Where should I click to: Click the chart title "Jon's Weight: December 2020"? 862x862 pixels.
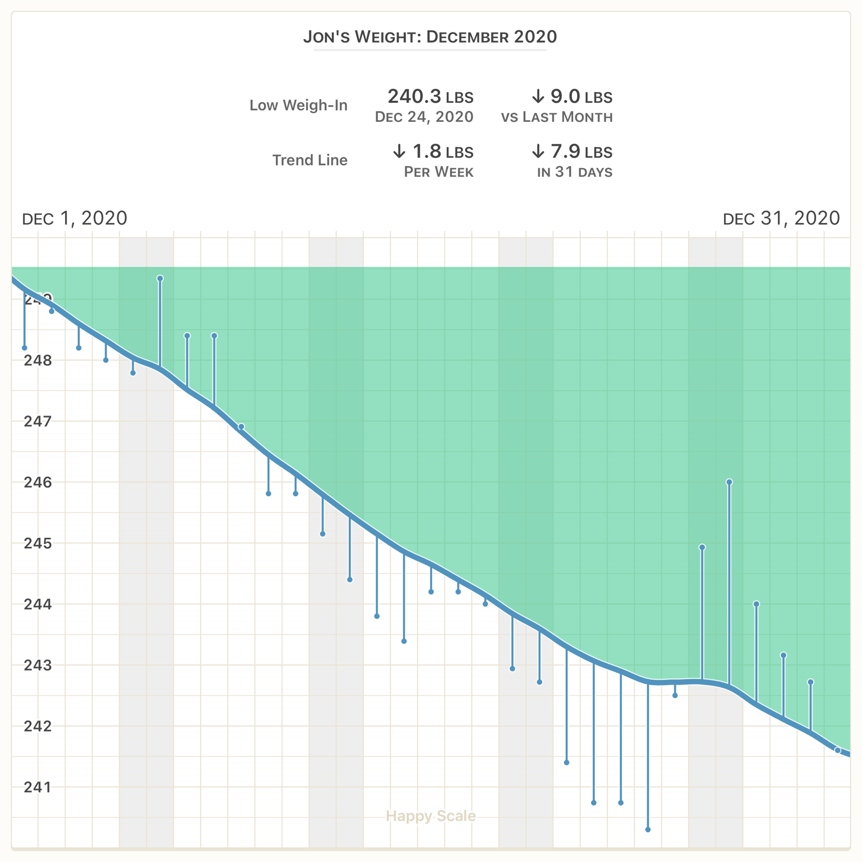click(x=430, y=37)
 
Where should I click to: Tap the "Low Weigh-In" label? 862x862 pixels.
click(x=298, y=105)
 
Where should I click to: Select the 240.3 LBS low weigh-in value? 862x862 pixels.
click(x=430, y=97)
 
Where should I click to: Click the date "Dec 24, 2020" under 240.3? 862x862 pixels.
click(x=424, y=117)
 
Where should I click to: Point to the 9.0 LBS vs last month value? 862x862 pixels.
click(x=572, y=97)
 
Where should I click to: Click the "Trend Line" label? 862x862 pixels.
click(x=310, y=160)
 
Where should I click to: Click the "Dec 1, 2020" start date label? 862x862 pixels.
click(x=75, y=218)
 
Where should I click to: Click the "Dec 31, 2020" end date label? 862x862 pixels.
click(x=781, y=218)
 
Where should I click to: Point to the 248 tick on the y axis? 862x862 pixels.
click(x=38, y=360)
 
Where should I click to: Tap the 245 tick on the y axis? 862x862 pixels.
click(x=38, y=543)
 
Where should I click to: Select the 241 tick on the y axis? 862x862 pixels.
click(x=38, y=787)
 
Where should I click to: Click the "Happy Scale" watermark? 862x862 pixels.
click(x=431, y=816)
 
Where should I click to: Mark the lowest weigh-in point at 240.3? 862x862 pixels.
click(x=648, y=830)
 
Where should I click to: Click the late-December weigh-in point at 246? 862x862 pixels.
click(x=729, y=482)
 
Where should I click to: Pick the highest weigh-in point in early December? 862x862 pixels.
click(x=160, y=279)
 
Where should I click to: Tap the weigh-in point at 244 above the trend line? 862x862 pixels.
click(x=756, y=604)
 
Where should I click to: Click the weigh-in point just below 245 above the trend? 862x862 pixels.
click(x=702, y=547)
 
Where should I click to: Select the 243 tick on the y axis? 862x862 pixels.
click(x=38, y=665)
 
